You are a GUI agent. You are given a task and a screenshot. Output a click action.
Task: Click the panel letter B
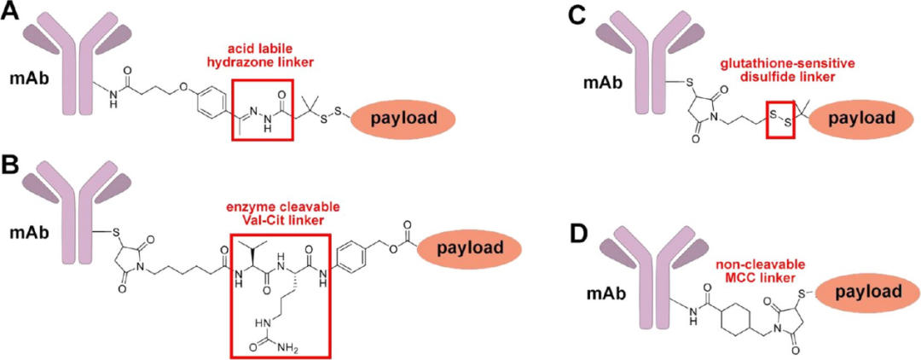pyautogui.click(x=12, y=161)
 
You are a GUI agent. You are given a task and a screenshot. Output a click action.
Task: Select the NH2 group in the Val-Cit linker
pyautogui.click(x=292, y=345)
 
